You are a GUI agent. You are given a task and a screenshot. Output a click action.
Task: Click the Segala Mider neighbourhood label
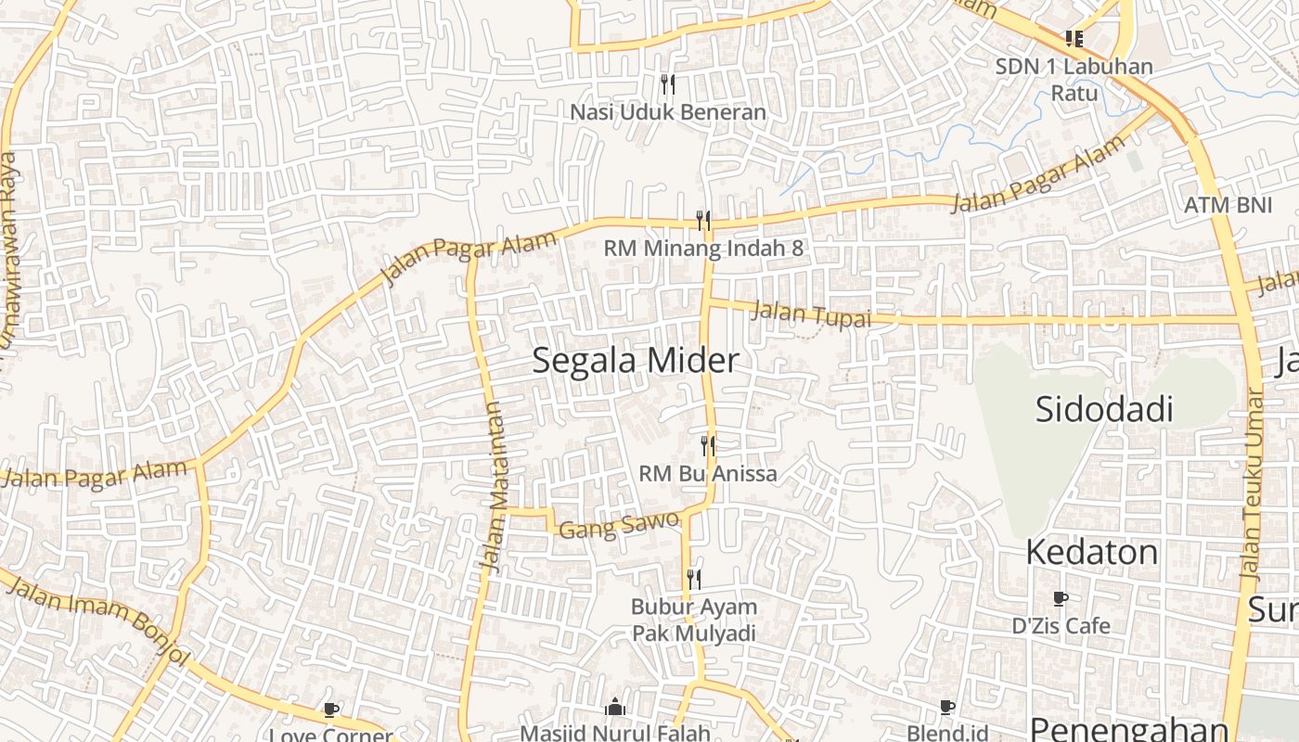tap(636, 361)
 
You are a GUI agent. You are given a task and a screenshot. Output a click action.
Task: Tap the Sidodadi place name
tap(1104, 409)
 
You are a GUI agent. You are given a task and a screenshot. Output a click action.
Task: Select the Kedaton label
tap(1091, 553)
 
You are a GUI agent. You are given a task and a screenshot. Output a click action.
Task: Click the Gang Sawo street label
tap(619, 525)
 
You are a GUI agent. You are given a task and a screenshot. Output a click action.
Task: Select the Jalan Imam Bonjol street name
tap(97, 621)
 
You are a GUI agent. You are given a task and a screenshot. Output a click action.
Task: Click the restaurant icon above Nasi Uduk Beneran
tap(668, 84)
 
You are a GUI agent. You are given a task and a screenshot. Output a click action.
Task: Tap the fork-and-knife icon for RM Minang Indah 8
tap(703, 221)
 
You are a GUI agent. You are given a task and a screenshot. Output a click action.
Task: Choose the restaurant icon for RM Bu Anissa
tap(708, 446)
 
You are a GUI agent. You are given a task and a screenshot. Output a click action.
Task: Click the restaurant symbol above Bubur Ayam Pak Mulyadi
tap(693, 580)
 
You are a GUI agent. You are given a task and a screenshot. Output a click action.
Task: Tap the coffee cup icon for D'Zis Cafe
tap(1061, 599)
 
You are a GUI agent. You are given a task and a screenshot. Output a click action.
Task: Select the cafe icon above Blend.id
tap(946, 709)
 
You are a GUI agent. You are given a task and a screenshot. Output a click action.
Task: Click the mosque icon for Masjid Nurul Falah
tap(614, 709)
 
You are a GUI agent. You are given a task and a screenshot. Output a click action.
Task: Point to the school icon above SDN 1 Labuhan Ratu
tap(1074, 39)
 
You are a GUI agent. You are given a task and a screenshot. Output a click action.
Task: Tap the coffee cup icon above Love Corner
tap(331, 710)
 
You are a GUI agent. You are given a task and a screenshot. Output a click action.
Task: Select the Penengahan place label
tap(1128, 729)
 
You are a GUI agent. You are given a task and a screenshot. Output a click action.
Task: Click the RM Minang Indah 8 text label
tap(703, 249)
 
